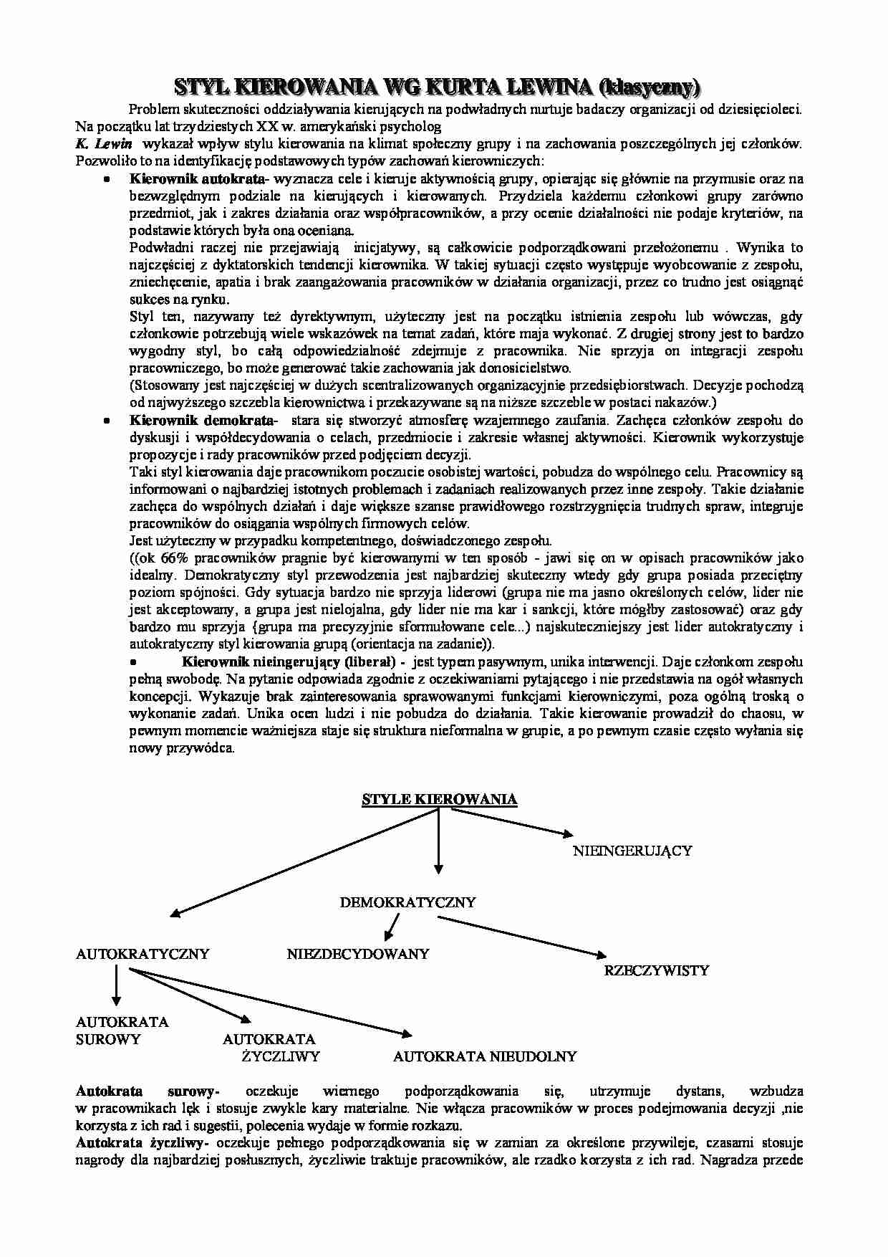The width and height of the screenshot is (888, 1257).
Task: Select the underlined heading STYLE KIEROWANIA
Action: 439,799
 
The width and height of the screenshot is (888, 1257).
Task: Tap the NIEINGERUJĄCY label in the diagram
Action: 632,851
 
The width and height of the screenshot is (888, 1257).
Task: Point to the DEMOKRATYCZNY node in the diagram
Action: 407,902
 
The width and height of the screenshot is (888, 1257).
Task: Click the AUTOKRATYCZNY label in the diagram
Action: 143,954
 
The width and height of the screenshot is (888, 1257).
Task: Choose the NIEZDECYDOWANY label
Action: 358,954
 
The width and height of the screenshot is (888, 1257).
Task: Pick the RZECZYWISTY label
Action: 657,971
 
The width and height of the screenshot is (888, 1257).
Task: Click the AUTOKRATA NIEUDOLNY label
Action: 485,1056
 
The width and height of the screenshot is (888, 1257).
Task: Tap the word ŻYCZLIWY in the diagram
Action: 281,1056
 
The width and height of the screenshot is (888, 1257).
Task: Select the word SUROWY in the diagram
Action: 108,1039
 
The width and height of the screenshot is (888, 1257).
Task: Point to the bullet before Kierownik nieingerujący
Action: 133,661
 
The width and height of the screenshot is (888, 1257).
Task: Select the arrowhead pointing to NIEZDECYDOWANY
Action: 388,935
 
